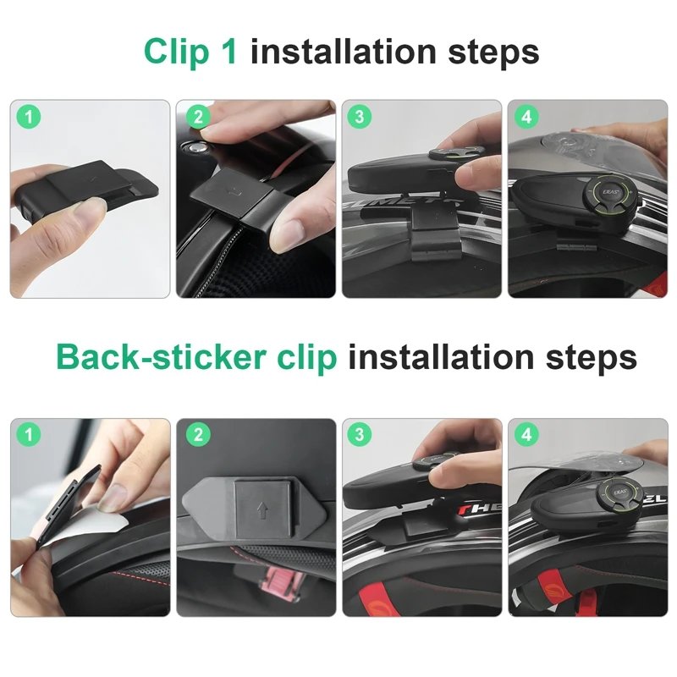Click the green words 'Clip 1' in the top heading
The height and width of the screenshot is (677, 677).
(x=191, y=52)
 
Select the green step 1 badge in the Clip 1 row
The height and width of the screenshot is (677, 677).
(x=30, y=118)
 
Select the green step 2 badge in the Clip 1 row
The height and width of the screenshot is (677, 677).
(x=195, y=118)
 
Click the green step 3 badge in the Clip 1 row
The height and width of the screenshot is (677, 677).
(x=361, y=118)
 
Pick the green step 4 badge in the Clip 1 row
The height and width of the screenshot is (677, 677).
(x=527, y=118)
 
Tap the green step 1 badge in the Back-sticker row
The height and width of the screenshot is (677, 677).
(x=30, y=436)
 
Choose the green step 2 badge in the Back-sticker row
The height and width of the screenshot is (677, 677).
(x=195, y=436)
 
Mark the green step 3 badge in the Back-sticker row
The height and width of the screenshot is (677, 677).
(x=361, y=436)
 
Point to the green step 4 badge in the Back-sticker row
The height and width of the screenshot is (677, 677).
(x=527, y=436)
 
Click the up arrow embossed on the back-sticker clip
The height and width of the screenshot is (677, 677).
(x=261, y=512)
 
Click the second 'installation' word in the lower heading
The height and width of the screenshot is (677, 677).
(x=444, y=357)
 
